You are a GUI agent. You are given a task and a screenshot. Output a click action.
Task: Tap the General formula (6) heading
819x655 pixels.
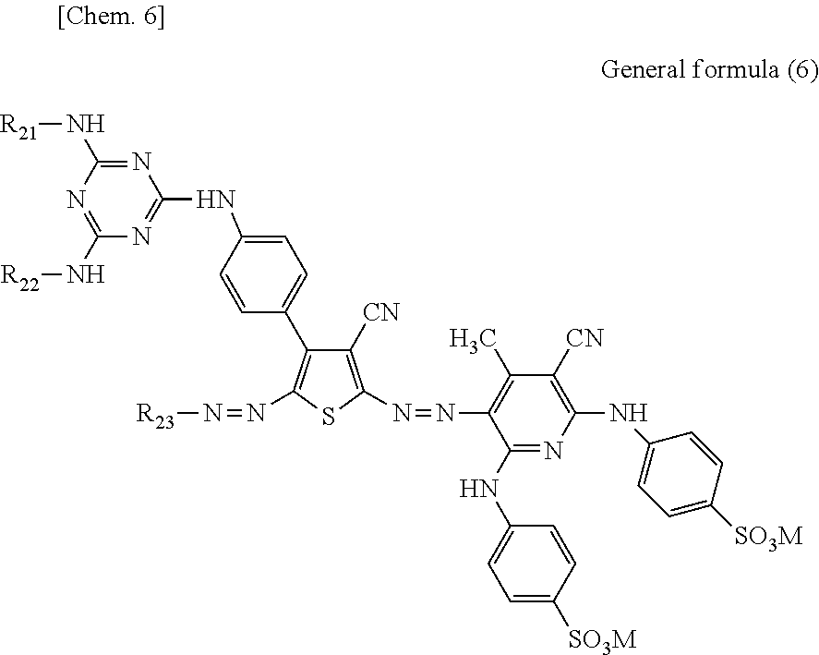point(709,70)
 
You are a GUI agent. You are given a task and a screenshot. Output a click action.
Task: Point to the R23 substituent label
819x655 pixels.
point(156,412)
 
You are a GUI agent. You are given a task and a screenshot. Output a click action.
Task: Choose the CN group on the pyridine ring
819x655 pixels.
point(584,337)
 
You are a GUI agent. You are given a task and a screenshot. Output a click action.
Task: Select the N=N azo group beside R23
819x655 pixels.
point(229,412)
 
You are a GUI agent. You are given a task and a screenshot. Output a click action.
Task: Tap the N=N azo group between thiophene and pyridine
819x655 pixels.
point(420,412)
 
